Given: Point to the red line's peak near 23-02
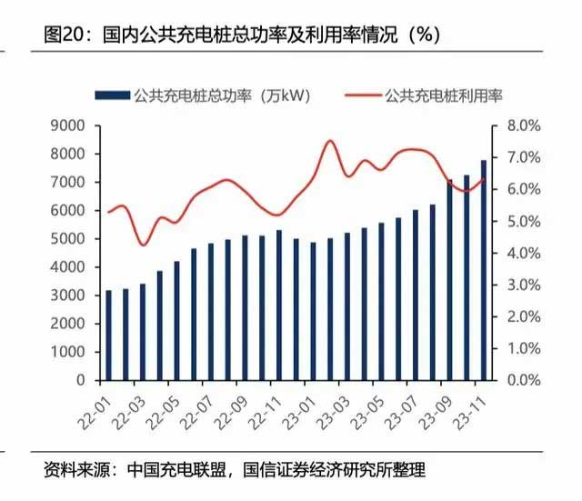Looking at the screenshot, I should coord(330,141).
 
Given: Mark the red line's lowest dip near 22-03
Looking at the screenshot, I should coord(142,245).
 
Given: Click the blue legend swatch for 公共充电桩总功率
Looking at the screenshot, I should coord(111,95).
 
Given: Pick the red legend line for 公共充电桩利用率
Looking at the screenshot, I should coord(361,95).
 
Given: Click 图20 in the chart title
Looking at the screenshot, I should coord(63,35).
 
